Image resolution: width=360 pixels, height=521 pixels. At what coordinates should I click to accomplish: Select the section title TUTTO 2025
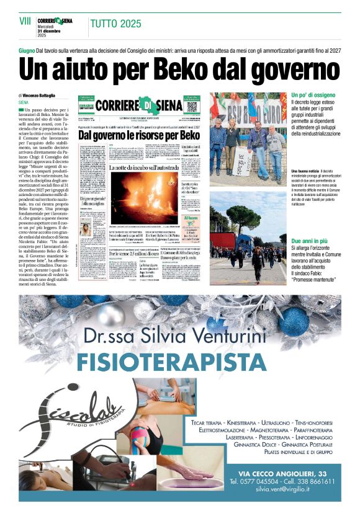[115, 24]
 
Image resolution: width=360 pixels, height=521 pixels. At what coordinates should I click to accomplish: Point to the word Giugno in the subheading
[27, 48]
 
